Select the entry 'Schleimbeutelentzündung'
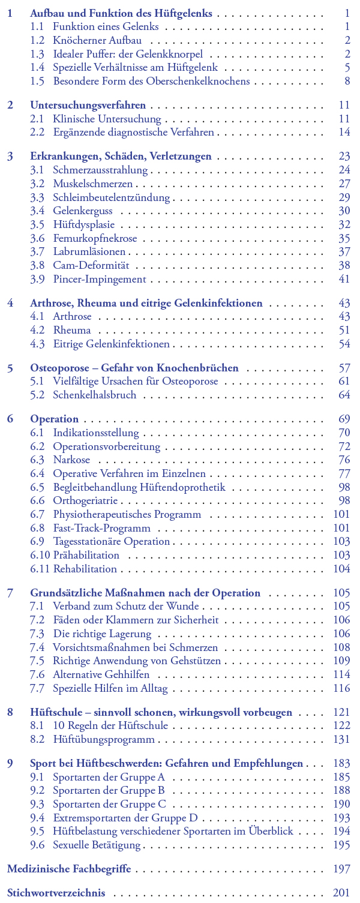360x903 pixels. (111, 197)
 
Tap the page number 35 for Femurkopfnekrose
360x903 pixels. (344, 238)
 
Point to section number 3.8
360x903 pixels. (37, 265)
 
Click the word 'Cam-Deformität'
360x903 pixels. (86, 265)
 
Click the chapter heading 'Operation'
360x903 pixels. (54, 419)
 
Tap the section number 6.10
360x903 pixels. (40, 555)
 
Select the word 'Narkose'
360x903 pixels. (71, 460)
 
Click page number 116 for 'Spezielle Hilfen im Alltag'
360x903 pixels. (341, 688)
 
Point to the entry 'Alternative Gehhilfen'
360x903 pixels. (101, 674)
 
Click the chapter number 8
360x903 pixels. (10, 712)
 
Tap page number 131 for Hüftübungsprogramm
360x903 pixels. (341, 740)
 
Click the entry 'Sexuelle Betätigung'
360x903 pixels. (97, 845)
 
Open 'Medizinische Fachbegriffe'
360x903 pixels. (68, 869)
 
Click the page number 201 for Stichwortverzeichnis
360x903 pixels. (341, 893)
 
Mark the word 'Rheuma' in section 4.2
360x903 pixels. (72, 330)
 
